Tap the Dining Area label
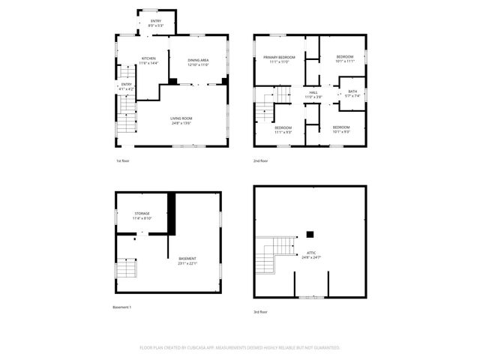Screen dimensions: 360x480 tap(198, 62)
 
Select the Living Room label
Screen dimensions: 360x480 tap(181, 121)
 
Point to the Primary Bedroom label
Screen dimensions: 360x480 tap(279, 58)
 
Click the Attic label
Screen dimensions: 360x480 tap(310, 255)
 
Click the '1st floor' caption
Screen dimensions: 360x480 tap(123, 161)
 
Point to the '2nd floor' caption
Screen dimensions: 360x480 tap(261, 161)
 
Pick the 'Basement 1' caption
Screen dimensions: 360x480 tap(122, 307)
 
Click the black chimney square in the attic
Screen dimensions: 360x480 tap(310, 235)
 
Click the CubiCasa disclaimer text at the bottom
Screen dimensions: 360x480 tap(240, 348)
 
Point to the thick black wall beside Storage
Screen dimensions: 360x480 tap(171, 213)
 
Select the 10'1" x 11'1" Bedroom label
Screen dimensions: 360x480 tap(344, 58)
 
